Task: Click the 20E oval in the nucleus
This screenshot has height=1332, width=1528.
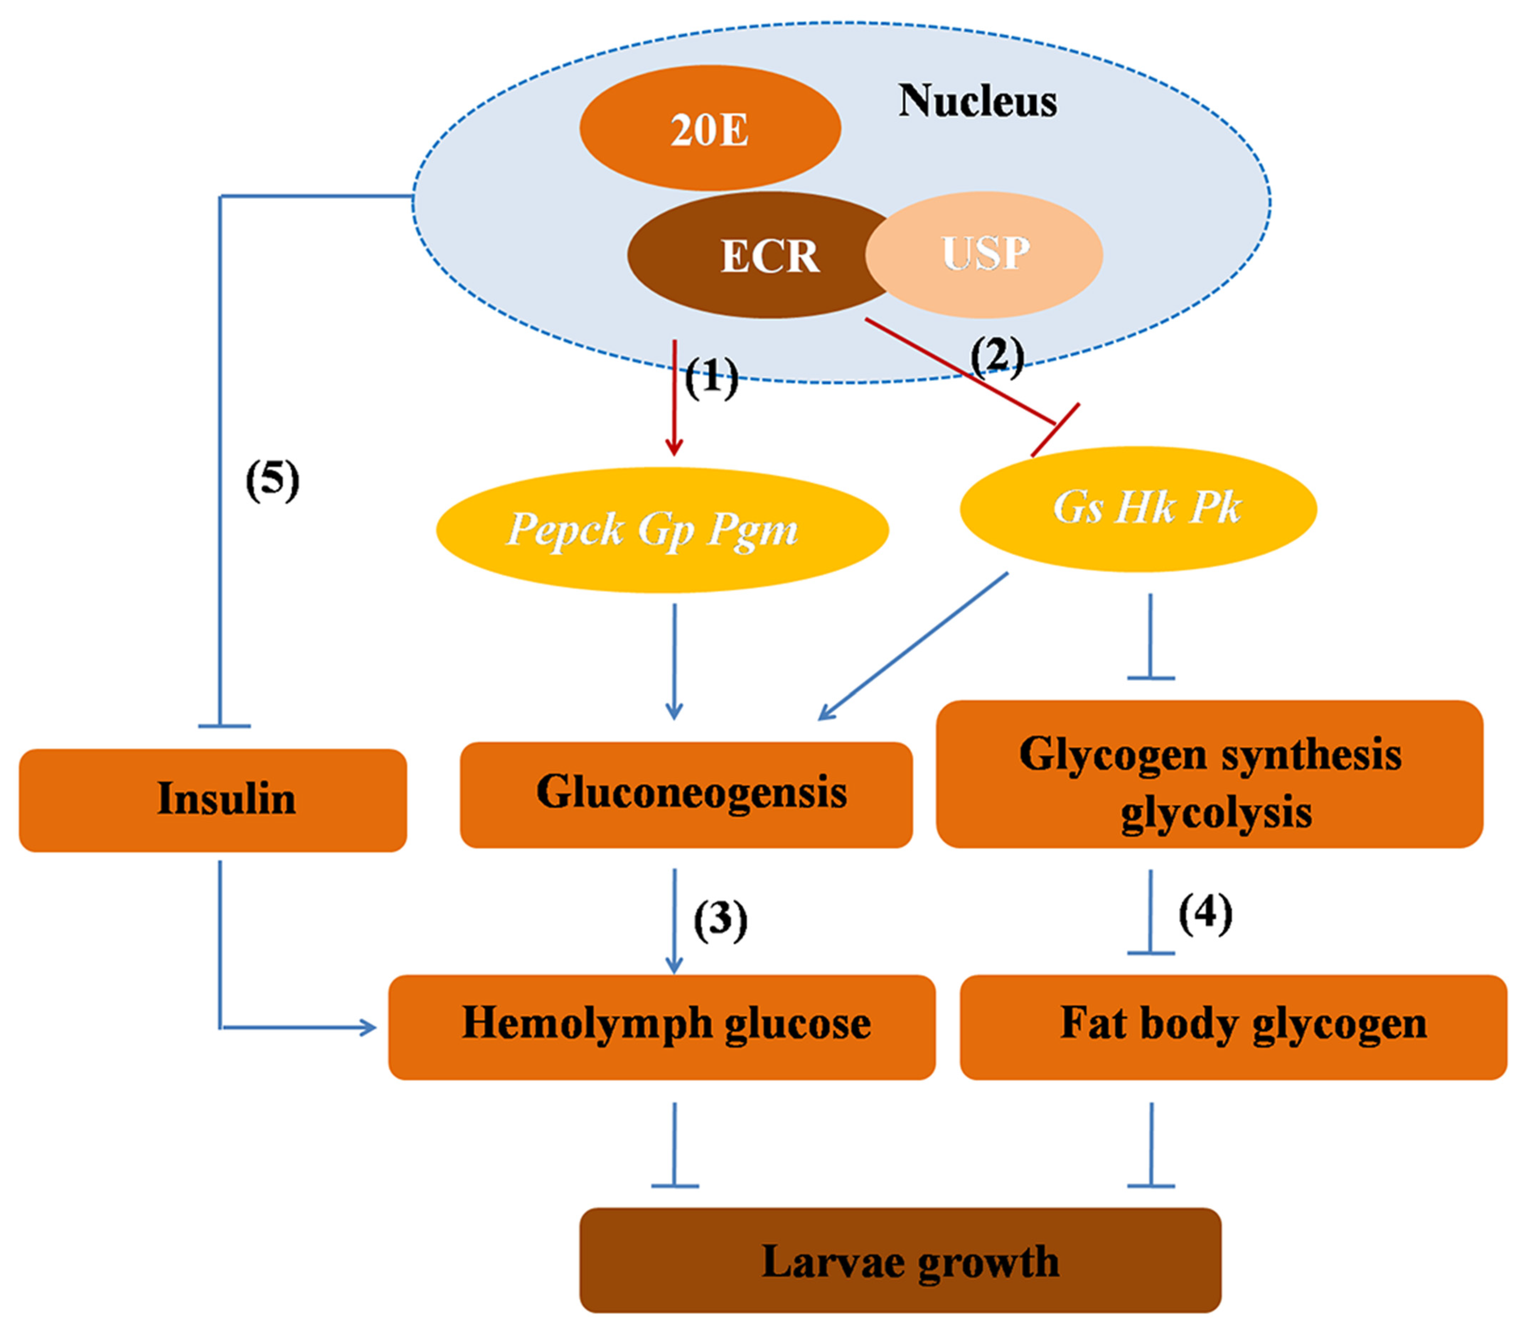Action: tap(710, 129)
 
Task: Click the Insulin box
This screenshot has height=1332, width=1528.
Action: tap(213, 800)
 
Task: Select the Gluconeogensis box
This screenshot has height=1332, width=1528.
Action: tap(686, 794)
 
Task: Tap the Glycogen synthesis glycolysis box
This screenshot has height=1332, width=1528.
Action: tap(1209, 774)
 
